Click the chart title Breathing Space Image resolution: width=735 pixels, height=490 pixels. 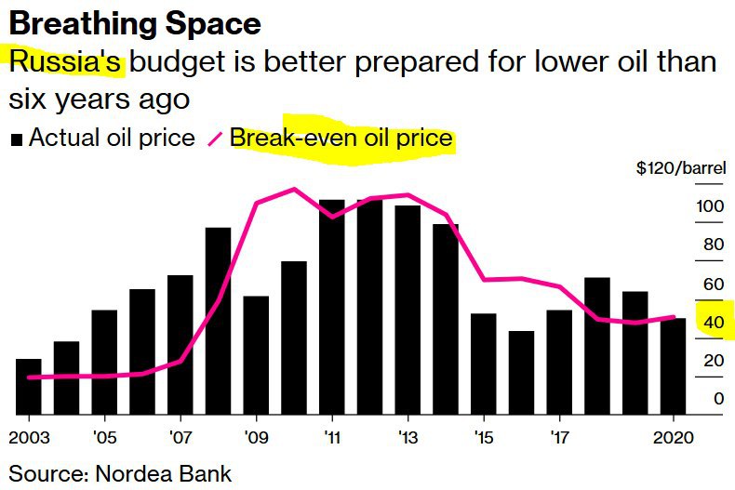(135, 22)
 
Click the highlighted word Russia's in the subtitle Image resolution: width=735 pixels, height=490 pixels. (65, 63)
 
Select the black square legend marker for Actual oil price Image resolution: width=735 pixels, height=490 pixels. (17, 139)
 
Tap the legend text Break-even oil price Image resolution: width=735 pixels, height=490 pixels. (341, 139)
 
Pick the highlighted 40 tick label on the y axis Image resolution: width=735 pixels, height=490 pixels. (712, 323)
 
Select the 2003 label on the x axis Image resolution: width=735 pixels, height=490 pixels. (28, 436)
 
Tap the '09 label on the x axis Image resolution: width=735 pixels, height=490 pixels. (256, 436)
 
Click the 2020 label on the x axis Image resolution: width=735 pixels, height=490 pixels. (671, 436)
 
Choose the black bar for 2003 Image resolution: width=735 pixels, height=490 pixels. (29, 386)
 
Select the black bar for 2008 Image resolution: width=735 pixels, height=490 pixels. (218, 321)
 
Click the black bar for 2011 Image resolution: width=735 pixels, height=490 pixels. (332, 307)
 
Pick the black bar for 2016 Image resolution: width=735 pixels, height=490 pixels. (521, 372)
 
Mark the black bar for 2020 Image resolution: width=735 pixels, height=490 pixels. (673, 365)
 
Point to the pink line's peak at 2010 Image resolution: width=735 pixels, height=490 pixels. (294, 189)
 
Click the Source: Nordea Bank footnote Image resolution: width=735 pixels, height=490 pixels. (120, 472)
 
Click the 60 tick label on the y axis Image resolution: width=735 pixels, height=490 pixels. (712, 284)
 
